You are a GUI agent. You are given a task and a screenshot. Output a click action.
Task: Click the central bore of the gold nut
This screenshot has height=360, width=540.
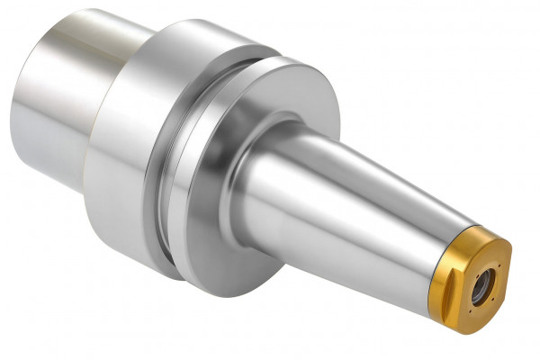tap(482, 287)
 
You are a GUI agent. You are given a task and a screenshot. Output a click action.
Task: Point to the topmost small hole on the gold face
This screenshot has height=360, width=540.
tap(499, 265)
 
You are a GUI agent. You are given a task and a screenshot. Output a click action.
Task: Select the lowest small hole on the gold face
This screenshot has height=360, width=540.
tap(470, 311)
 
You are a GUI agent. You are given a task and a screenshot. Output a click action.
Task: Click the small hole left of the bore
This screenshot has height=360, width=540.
tap(477, 276)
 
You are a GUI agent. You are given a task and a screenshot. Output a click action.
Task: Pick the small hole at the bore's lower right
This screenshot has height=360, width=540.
tap(492, 299)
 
